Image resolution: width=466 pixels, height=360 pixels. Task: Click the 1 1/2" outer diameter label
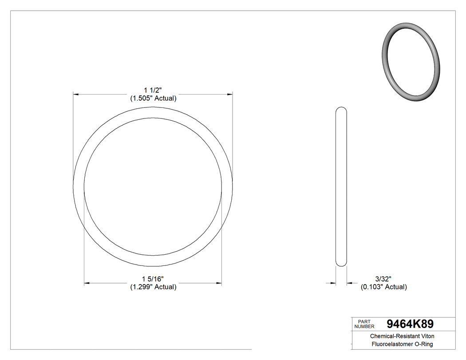[x=153, y=90]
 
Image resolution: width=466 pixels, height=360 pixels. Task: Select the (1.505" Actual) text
[x=153, y=99]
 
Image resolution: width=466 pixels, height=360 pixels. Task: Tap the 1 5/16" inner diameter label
[x=153, y=279]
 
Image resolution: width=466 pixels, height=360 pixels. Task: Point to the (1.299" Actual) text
[x=153, y=287]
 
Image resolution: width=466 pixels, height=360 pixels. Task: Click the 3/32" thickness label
[x=383, y=279]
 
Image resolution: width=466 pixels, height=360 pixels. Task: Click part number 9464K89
[x=410, y=324]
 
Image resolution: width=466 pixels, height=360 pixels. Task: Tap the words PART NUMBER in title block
[x=365, y=324]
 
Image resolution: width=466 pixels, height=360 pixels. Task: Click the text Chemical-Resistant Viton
[x=402, y=336]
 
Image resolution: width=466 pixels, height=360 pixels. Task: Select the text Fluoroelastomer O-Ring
[x=402, y=344]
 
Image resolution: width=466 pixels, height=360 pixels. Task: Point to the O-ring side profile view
[x=341, y=186]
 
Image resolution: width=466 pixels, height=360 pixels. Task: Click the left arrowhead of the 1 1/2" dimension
[x=76, y=94]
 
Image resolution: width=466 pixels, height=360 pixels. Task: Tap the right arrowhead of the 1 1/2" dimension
[x=230, y=94]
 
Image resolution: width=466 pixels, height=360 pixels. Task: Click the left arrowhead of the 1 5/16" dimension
[x=87, y=283]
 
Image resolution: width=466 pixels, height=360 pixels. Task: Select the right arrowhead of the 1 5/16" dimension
[x=219, y=283]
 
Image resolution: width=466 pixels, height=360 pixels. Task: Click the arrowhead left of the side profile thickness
[x=332, y=283]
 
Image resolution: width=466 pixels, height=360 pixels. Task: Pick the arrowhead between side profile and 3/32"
[x=349, y=283]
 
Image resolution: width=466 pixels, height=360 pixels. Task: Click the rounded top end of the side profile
[x=341, y=110]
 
